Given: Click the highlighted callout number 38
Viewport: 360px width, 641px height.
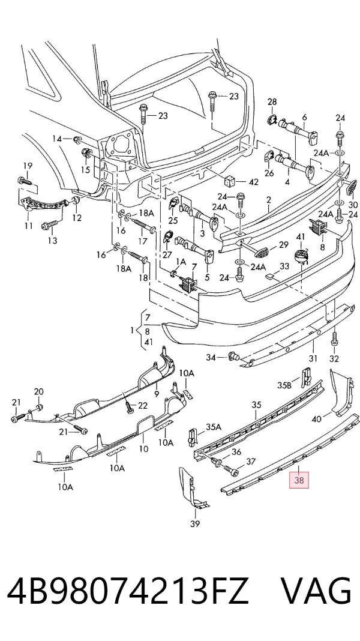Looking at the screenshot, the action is coord(299,480).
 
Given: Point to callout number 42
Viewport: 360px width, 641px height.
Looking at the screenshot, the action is coord(253,182).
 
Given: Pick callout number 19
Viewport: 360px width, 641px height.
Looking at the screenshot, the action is coord(27,166).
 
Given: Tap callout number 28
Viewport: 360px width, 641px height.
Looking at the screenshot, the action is coord(272,102).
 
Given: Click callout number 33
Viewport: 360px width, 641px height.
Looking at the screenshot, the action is coord(284,266).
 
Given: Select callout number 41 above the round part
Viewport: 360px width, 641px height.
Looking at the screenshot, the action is coord(301,236).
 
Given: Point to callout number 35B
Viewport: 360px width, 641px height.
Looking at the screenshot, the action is coord(284,385).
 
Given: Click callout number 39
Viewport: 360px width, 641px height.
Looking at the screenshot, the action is coord(195,524).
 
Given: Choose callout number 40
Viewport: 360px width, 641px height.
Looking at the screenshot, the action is coord(316,418).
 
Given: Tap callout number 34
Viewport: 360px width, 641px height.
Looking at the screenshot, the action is coord(211,358).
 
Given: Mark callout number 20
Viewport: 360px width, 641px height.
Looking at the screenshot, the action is coord(38,392).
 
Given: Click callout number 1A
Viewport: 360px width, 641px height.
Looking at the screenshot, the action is coord(181,261).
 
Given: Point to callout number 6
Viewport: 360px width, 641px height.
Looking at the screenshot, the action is coord(304,117).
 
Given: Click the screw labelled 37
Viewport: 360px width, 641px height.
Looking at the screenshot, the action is coord(230,473).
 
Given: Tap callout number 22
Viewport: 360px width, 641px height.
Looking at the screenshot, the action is coord(142,405).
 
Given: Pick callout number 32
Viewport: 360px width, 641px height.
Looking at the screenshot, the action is coord(334,359).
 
